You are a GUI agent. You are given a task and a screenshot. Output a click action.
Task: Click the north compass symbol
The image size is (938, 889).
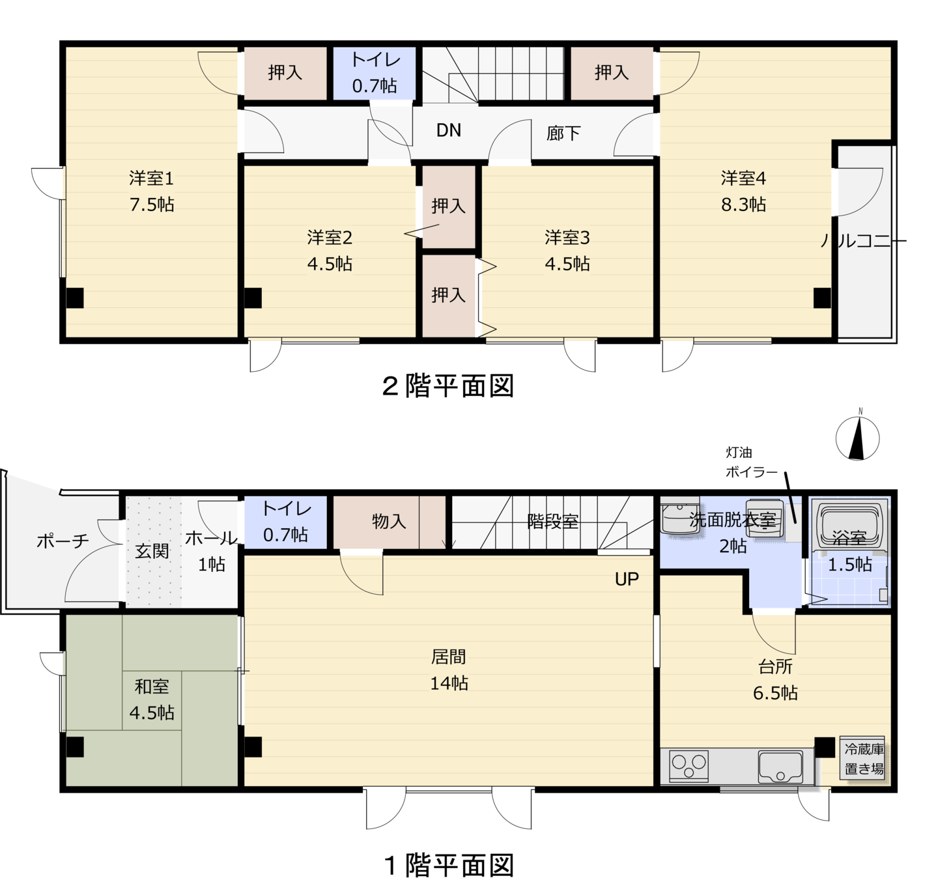(x=857, y=438)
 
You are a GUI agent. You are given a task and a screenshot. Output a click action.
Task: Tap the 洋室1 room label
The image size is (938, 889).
(x=151, y=178)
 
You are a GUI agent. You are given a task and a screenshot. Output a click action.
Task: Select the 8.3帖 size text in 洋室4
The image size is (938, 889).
(x=743, y=205)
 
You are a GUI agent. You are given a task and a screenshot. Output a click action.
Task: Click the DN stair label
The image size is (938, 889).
(x=449, y=130)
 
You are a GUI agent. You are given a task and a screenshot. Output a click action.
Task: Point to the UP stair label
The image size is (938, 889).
(x=627, y=579)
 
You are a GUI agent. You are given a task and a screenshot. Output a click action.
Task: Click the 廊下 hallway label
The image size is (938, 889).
(x=563, y=133)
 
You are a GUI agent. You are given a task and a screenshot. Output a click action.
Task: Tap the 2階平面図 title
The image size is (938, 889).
(x=448, y=386)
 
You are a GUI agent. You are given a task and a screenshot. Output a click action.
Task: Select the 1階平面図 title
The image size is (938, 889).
(x=449, y=866)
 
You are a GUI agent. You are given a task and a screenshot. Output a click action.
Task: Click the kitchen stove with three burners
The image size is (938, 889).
(x=689, y=767)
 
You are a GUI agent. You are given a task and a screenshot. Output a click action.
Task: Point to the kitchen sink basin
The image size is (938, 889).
(x=780, y=767)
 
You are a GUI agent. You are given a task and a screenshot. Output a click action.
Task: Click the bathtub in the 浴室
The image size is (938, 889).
(x=849, y=525)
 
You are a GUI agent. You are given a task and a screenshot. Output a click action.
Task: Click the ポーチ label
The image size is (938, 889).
(x=63, y=541)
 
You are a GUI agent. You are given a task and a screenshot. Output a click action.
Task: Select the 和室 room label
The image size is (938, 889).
(x=151, y=686)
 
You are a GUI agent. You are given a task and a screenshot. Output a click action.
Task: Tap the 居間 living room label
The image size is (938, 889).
(x=448, y=656)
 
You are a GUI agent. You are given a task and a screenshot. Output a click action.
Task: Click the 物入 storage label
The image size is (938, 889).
(x=389, y=521)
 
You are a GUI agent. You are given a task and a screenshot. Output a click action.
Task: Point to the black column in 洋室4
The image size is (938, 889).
(x=822, y=298)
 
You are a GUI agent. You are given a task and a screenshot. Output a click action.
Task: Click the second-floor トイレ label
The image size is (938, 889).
(x=375, y=60)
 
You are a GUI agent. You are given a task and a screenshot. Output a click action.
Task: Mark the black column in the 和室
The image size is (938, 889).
(x=75, y=747)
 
